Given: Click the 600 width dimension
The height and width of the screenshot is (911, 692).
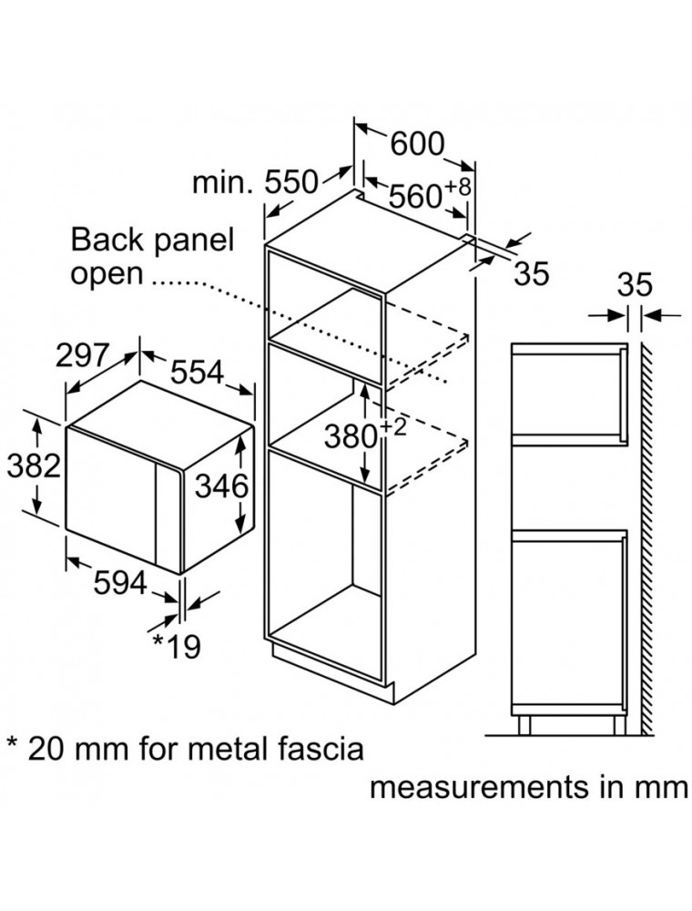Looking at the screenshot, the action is (417, 144).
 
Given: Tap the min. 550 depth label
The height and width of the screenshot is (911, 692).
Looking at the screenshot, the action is (256, 182).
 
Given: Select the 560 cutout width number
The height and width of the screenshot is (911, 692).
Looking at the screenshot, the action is (415, 197).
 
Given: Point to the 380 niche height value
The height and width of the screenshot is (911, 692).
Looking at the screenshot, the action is (351, 437).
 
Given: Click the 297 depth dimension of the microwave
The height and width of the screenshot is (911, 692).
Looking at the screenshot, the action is (83, 355).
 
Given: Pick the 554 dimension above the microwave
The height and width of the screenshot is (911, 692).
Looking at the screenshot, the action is (197, 372).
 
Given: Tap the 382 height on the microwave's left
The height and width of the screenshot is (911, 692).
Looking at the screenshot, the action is (34, 466).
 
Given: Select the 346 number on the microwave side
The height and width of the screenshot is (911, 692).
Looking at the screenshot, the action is (221, 486).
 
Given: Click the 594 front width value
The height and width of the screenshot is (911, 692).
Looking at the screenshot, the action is (120, 583).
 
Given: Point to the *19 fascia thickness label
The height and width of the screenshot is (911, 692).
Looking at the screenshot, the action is (177, 647).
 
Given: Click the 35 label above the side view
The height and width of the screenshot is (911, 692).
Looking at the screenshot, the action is (635, 285).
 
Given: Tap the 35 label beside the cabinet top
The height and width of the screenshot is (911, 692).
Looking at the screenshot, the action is (531, 273).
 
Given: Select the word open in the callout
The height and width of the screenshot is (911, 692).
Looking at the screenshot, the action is (107, 274).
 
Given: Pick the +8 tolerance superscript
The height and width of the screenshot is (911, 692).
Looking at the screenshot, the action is (457, 187).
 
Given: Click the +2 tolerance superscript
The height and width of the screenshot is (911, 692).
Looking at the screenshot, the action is (393, 427).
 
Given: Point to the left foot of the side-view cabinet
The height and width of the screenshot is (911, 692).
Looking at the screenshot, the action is (524, 725).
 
